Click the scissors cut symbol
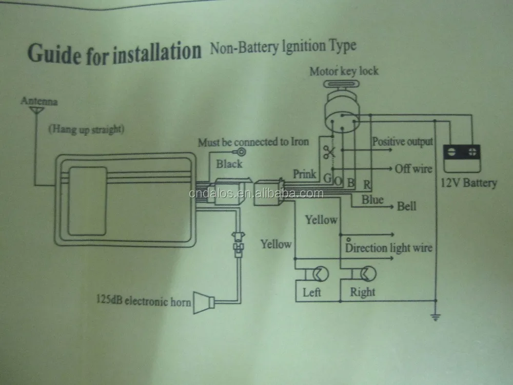329,152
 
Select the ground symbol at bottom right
436,317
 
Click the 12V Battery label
469,183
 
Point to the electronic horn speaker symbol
204,302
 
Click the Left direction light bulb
320,274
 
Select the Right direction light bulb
368,274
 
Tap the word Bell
407,206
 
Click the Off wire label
413,168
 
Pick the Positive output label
402,142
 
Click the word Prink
304,174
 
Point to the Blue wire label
372,199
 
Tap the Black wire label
229,164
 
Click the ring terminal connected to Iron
241,152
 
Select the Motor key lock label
344,71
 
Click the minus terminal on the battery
451,152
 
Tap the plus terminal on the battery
472,152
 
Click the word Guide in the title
55,53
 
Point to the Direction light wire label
389,247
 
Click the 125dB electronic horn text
143,300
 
